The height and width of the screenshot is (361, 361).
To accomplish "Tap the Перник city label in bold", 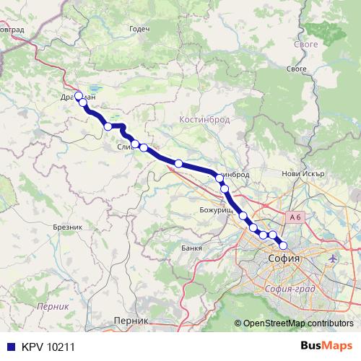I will [131, 320].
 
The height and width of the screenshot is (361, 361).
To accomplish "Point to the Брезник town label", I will [69, 226].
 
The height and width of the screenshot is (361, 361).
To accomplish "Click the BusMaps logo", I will [327, 346].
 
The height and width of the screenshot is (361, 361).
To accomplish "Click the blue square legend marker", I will [9, 347].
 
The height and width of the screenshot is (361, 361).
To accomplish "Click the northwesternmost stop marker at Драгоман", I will [79, 95].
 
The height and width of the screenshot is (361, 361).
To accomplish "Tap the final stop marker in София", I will [282, 244].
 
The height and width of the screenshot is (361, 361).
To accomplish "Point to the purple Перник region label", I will [53, 306].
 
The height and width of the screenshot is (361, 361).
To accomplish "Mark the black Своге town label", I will [297, 69].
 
